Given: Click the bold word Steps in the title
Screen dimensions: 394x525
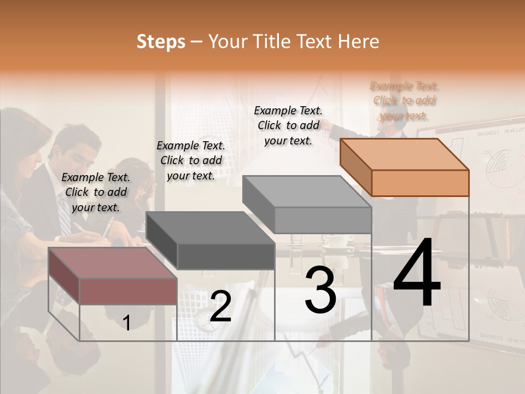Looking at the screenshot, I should point(161,42).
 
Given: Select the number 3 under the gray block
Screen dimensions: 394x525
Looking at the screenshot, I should point(320,290).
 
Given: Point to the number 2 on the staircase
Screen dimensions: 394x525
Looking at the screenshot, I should point(220,306).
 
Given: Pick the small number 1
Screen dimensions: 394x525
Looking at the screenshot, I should point(126,323).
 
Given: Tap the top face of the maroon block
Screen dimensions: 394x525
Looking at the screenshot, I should point(113,263).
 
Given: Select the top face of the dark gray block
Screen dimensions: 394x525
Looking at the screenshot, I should point(210,227).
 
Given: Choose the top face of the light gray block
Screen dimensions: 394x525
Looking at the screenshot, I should point(307,192).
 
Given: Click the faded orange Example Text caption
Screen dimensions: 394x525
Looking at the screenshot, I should point(404,101).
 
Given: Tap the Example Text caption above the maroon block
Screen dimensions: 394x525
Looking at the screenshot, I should point(96,192).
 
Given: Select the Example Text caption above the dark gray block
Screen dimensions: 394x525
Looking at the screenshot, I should point(191,160).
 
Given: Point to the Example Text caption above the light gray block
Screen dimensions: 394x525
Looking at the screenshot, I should point(288,125).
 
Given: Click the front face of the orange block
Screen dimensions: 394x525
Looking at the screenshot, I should point(420,183).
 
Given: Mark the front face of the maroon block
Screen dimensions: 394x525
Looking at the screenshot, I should point(128,291).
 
